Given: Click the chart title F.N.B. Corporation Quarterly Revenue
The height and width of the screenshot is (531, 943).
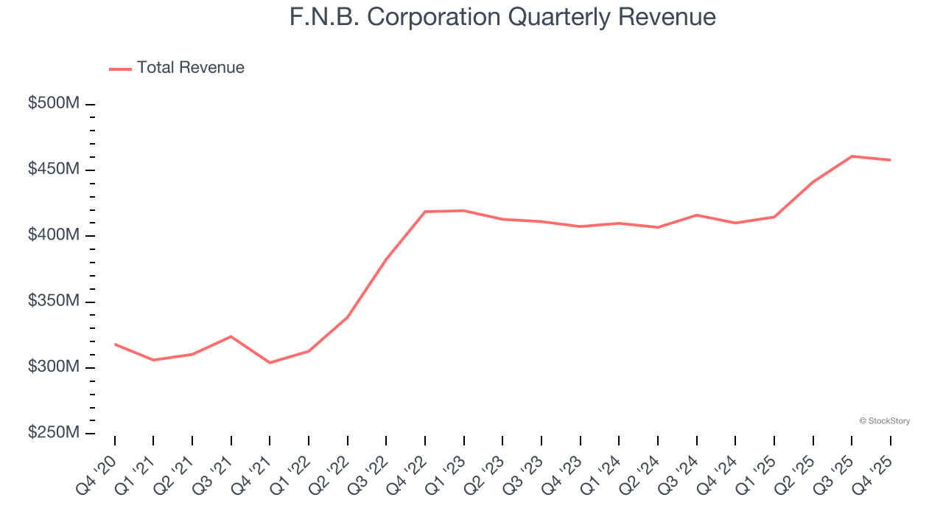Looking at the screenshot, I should pyautogui.click(x=502, y=16).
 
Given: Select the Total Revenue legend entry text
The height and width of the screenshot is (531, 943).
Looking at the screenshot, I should pyautogui.click(x=190, y=68).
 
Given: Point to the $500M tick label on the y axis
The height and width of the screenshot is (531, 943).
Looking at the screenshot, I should pyautogui.click(x=53, y=104).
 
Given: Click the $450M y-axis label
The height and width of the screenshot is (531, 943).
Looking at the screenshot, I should pyautogui.click(x=53, y=170).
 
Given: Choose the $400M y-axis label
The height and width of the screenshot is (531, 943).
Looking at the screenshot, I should pyautogui.click(x=53, y=235).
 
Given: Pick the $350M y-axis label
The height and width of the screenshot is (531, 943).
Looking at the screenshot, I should pyautogui.click(x=53, y=302).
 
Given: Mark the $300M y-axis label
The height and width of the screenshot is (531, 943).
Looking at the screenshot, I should pyautogui.click(x=53, y=367).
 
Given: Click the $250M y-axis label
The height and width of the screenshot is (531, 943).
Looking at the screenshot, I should pyautogui.click(x=53, y=433).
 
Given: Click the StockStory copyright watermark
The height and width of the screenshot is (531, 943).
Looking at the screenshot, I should pyautogui.click(x=884, y=421).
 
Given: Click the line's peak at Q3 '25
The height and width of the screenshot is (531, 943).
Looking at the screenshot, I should pyautogui.click(x=852, y=156).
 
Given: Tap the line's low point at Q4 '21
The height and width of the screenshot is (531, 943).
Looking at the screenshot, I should pyautogui.click(x=270, y=363).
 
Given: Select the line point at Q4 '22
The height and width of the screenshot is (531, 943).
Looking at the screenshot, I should pyautogui.click(x=425, y=212).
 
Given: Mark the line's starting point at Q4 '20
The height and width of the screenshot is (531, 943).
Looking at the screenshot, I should pyautogui.click(x=115, y=344).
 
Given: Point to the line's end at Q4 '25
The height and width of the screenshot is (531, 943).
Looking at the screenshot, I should pyautogui.click(x=890, y=160).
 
